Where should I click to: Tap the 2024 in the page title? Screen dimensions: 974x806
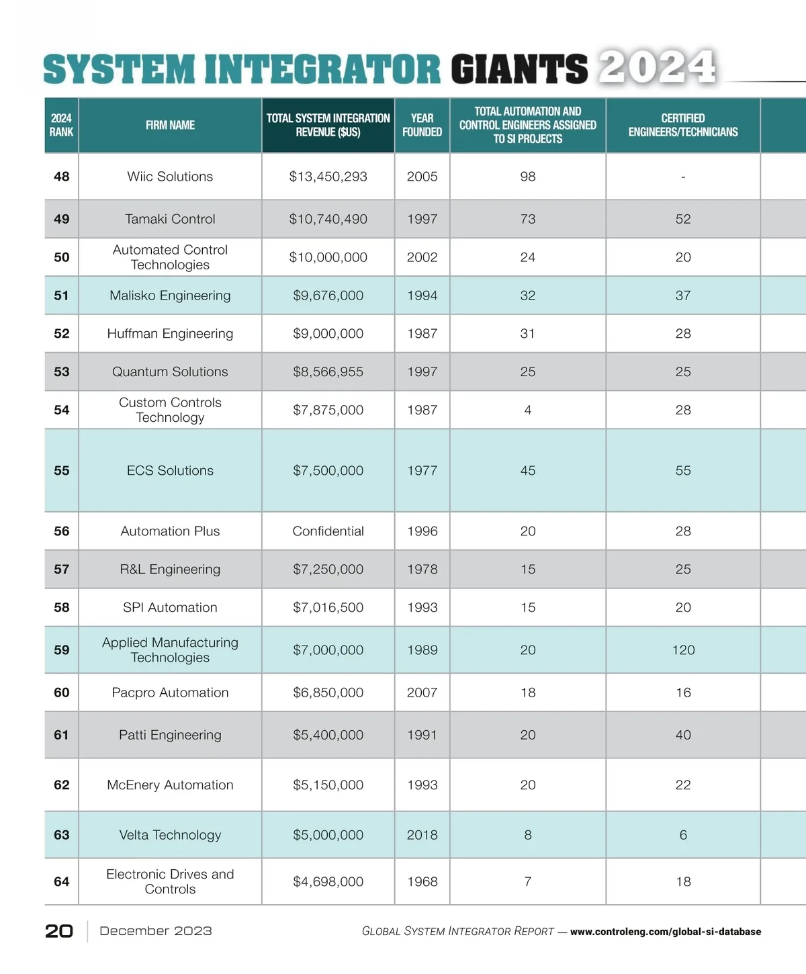pos(657,67)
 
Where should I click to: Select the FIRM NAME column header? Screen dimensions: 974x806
pos(170,125)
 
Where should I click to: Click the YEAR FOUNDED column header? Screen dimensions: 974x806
pos(422,125)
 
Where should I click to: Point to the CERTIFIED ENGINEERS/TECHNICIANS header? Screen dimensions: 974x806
pos(682,125)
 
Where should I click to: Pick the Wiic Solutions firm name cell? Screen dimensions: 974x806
pos(170,177)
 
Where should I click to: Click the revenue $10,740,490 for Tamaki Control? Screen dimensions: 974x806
pos(328,219)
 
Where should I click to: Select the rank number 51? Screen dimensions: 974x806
pos(61,296)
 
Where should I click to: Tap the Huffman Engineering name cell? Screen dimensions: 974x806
pos(170,334)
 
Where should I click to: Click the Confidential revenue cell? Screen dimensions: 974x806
pos(328,531)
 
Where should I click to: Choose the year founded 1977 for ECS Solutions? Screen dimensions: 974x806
pos(422,471)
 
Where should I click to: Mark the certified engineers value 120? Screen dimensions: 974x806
pos(683,650)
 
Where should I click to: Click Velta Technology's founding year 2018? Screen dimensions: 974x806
pos(422,835)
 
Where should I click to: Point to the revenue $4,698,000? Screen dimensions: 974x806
pos(328,882)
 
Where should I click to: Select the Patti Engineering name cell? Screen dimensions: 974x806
pos(170,735)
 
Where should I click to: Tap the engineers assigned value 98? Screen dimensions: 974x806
pos(528,177)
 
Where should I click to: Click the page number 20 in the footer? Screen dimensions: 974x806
pos(59,931)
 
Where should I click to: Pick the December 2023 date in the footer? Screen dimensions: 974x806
pos(156,931)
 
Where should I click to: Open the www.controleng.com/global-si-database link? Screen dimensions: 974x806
pos(665,932)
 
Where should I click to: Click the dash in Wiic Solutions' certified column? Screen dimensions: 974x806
pos(683,177)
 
